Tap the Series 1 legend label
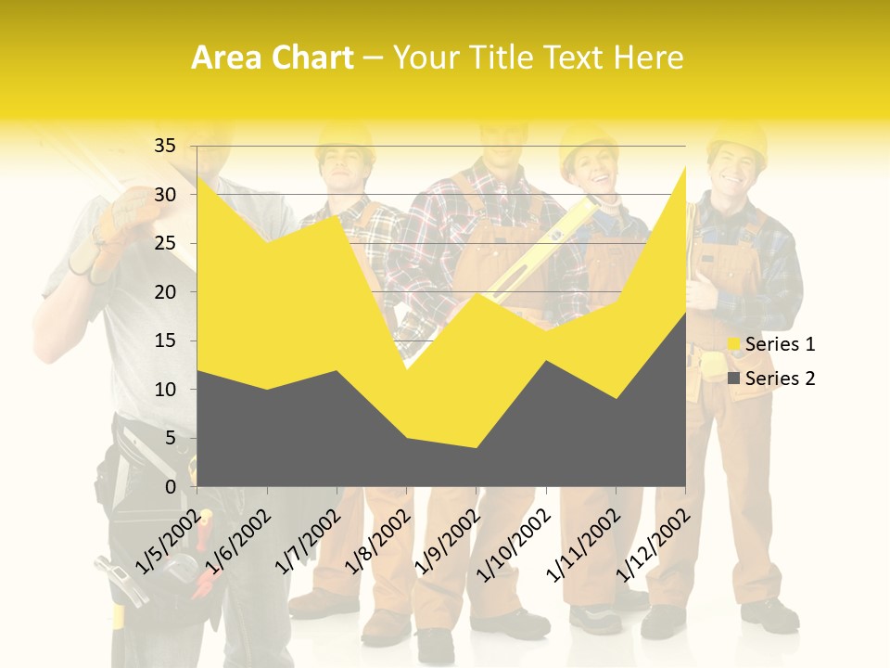click(780, 344)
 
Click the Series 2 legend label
click(780, 378)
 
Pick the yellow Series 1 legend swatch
click(734, 344)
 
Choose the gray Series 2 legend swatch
click(734, 378)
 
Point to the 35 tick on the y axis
click(164, 146)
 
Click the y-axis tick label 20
click(164, 292)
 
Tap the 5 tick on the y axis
click(170, 438)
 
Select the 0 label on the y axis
click(170, 487)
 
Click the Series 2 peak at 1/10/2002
click(546, 361)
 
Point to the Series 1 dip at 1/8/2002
click(407, 370)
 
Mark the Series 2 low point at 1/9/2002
click(477, 449)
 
